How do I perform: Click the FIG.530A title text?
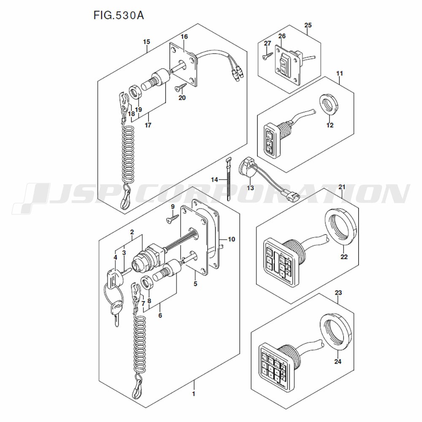click(x=119, y=16)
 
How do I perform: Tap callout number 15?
click(x=146, y=42)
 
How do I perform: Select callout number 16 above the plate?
click(x=184, y=37)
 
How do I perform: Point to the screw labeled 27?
click(x=266, y=55)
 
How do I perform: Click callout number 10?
click(x=231, y=239)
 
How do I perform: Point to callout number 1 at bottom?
click(x=193, y=394)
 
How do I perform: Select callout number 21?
click(x=342, y=187)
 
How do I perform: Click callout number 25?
click(x=308, y=26)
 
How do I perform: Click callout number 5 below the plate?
click(x=195, y=284)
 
